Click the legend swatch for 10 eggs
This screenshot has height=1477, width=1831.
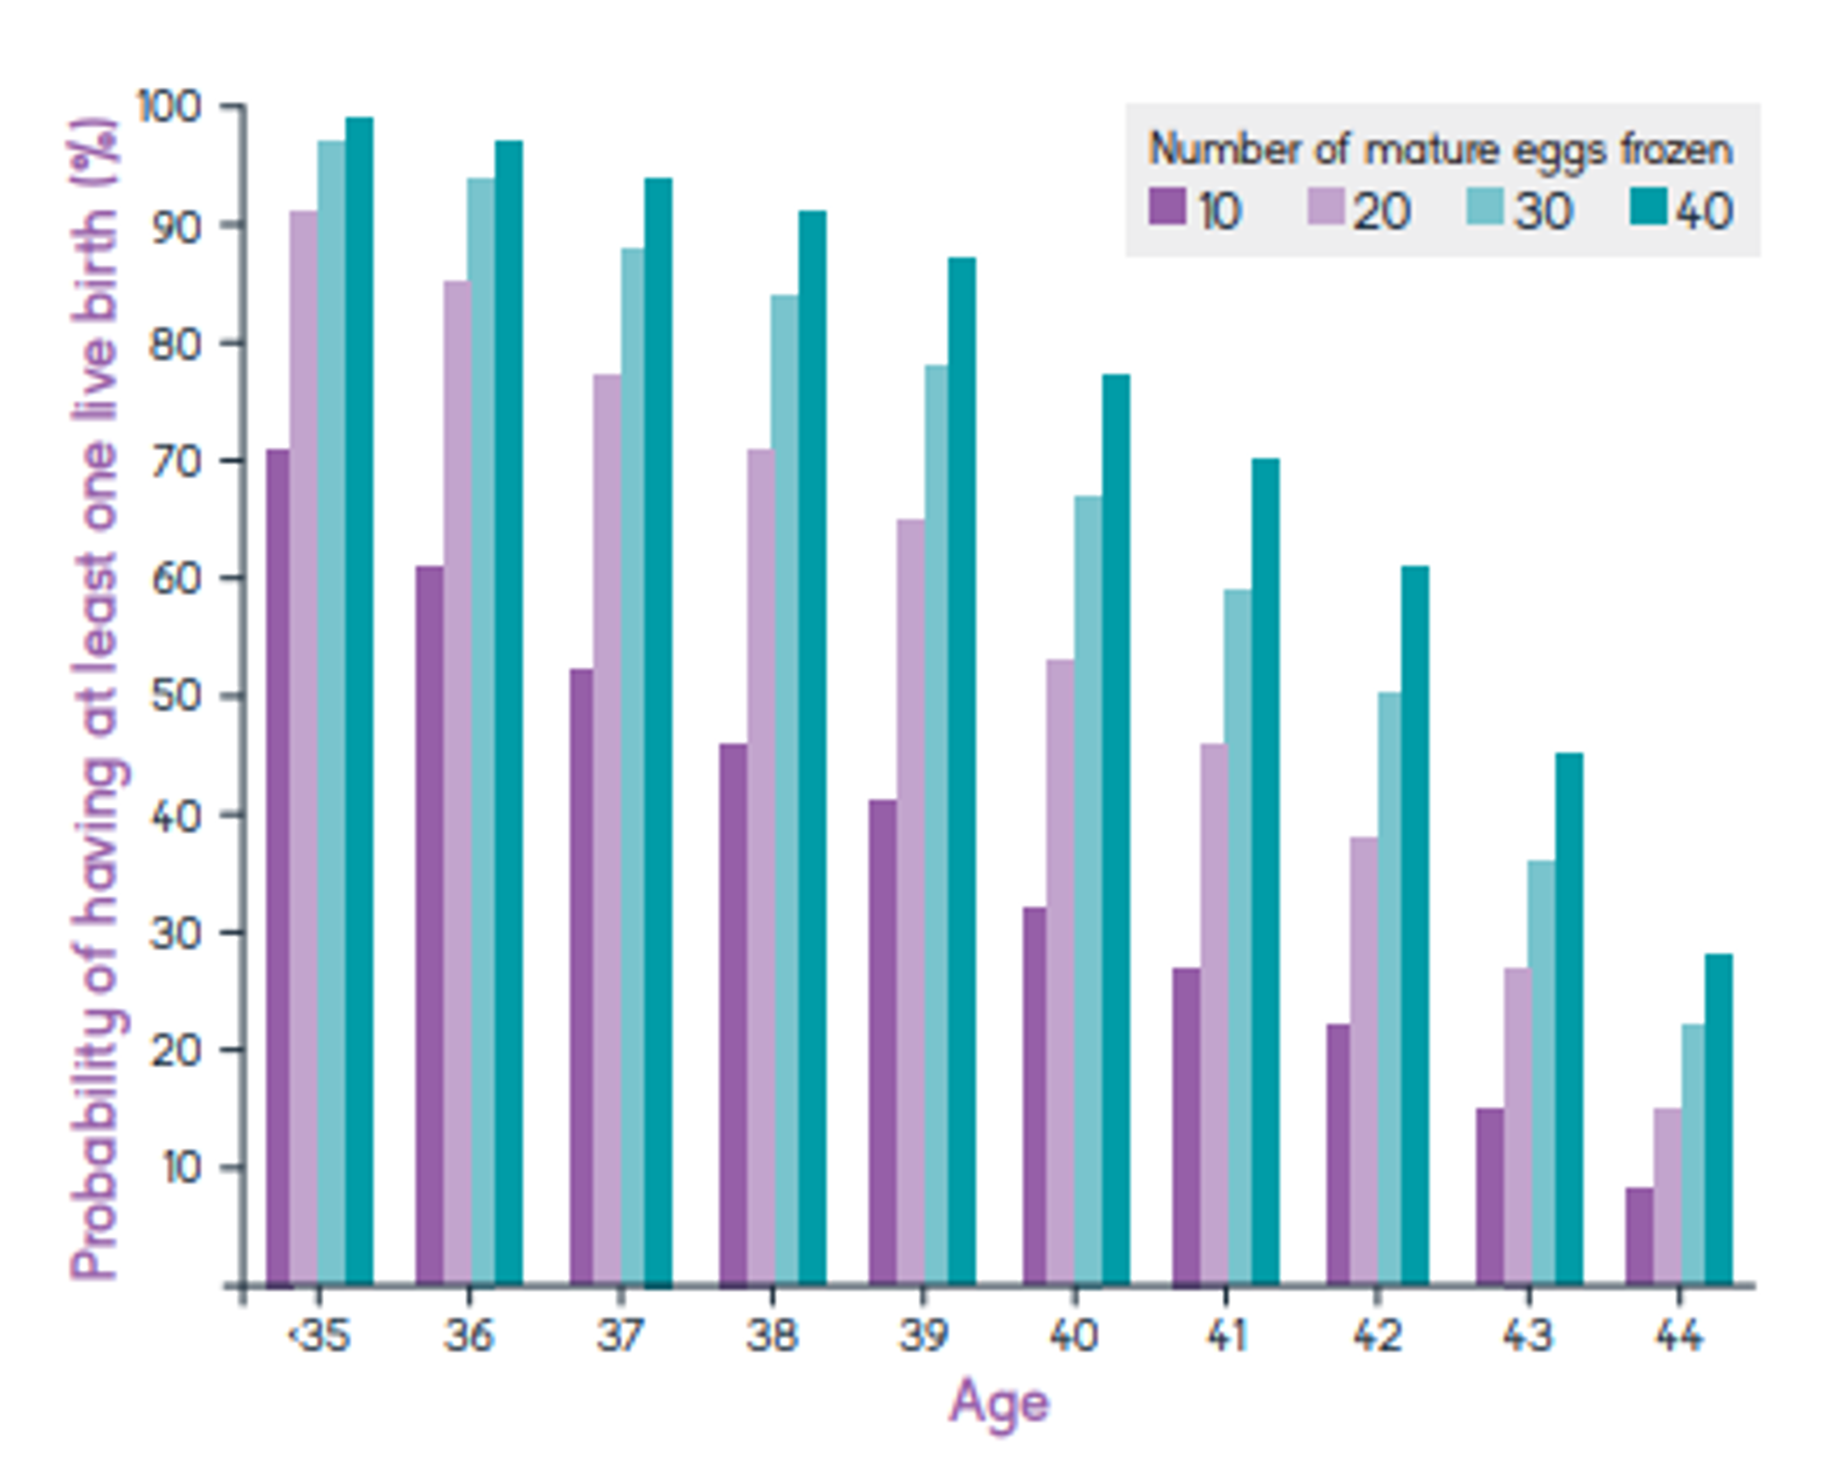(1167, 207)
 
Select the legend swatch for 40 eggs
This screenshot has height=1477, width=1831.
(1648, 207)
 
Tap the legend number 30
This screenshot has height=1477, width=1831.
(1543, 210)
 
